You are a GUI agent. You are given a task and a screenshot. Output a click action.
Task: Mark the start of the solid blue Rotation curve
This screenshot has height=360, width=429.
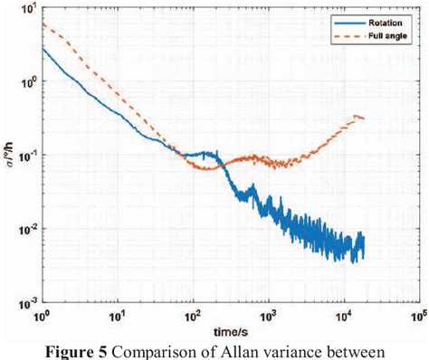[42, 48]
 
